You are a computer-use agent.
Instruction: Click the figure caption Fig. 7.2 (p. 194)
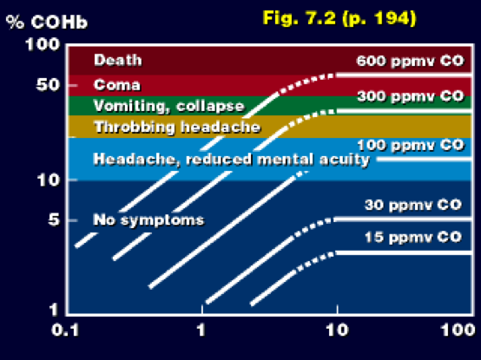point(339,18)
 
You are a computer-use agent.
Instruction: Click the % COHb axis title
point(47,22)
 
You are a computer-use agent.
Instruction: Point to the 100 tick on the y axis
point(43,44)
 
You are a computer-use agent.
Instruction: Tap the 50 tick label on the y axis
point(48,85)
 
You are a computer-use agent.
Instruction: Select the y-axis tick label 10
point(49,180)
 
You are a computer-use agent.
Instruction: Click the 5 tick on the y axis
point(54,220)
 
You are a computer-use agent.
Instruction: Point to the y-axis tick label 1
point(54,310)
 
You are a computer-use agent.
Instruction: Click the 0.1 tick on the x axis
point(65,331)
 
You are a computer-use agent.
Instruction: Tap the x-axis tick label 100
point(458,331)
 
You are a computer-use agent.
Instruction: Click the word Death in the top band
point(118,60)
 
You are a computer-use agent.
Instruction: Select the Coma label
point(117,85)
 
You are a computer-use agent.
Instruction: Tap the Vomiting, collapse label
point(169,107)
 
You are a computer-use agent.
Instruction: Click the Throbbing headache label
point(177,127)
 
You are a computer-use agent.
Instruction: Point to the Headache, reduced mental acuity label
point(231,160)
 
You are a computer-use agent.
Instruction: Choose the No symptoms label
point(148,220)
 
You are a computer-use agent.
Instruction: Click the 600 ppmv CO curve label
point(410,61)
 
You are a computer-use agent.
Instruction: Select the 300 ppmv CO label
point(411,96)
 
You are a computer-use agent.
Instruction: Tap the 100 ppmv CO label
point(411,145)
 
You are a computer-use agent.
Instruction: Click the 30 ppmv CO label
point(413,205)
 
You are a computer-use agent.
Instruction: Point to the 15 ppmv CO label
point(413,237)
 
